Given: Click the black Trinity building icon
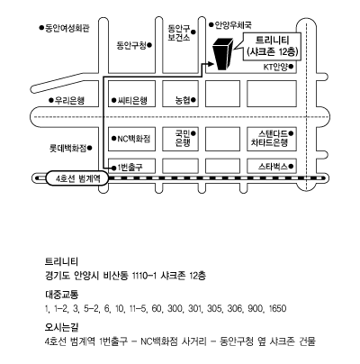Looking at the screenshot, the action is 222,55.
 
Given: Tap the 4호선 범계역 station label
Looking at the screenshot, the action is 77,179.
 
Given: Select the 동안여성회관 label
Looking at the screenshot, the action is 67,28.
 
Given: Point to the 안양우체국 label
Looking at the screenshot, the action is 233,25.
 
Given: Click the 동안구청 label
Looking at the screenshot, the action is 131,45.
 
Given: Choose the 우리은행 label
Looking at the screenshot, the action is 69,100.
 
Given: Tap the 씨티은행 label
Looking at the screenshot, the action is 132,100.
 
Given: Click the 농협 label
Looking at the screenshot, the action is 183,100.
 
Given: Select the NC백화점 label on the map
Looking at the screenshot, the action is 134,139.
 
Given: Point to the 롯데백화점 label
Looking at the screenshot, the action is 67,148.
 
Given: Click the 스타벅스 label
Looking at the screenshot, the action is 273,166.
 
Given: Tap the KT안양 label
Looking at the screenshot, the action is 275,67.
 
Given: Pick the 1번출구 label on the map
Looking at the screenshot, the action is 130,168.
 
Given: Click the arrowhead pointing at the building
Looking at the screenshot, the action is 211,64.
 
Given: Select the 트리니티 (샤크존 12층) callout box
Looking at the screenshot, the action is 272,46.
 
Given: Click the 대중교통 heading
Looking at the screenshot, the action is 62,295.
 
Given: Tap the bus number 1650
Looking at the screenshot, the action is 277,308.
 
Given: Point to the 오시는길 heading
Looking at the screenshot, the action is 62,327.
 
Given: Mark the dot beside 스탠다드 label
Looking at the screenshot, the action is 291,132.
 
